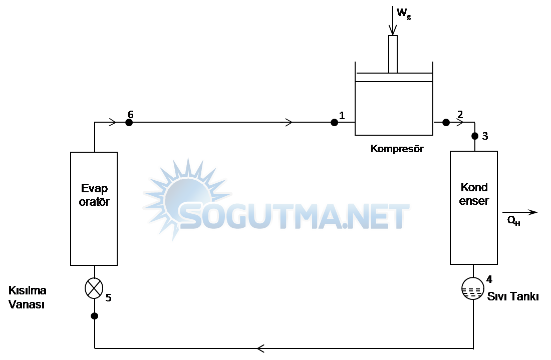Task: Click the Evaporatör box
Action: (94, 208)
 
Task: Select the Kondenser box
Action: (474, 207)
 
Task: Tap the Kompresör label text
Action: (397, 149)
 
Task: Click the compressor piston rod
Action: (393, 54)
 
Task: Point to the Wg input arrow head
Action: (393, 31)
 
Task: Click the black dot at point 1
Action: (334, 122)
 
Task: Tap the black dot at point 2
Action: (446, 122)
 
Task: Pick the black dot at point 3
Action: (475, 136)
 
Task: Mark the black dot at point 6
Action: (129, 122)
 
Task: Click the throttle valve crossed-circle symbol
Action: (94, 288)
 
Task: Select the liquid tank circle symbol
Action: (472, 289)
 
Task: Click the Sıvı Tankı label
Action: (512, 296)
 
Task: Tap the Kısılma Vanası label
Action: (27, 297)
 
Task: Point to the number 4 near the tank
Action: (489, 279)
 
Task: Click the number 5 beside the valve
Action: (108, 298)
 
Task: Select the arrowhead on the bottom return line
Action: (260, 348)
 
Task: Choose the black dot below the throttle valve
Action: (94, 316)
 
